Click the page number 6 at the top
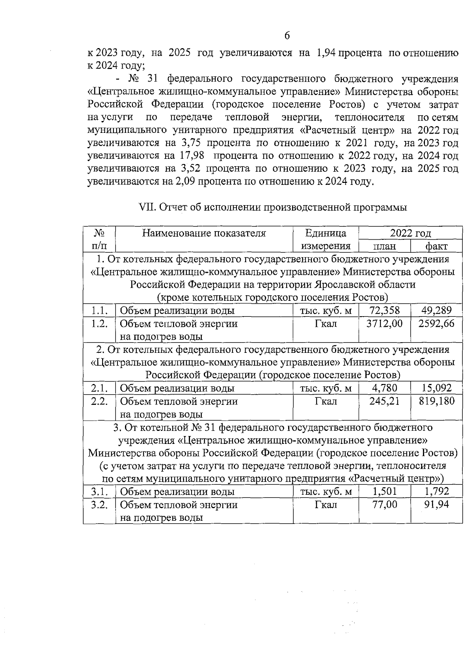point(287,36)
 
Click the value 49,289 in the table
point(436,310)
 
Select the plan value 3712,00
point(384,324)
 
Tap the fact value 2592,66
point(436,324)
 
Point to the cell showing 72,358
point(384,310)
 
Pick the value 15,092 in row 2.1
point(436,388)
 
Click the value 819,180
point(436,401)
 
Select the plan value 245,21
point(384,401)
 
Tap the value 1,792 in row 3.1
point(436,491)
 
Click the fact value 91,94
point(436,504)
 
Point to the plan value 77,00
point(384,504)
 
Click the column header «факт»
point(436,246)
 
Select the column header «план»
point(384,246)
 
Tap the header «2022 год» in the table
point(410,233)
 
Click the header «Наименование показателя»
point(204,233)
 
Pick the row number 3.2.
point(99,505)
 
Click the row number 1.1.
point(99,311)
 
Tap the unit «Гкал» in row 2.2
point(326,401)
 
